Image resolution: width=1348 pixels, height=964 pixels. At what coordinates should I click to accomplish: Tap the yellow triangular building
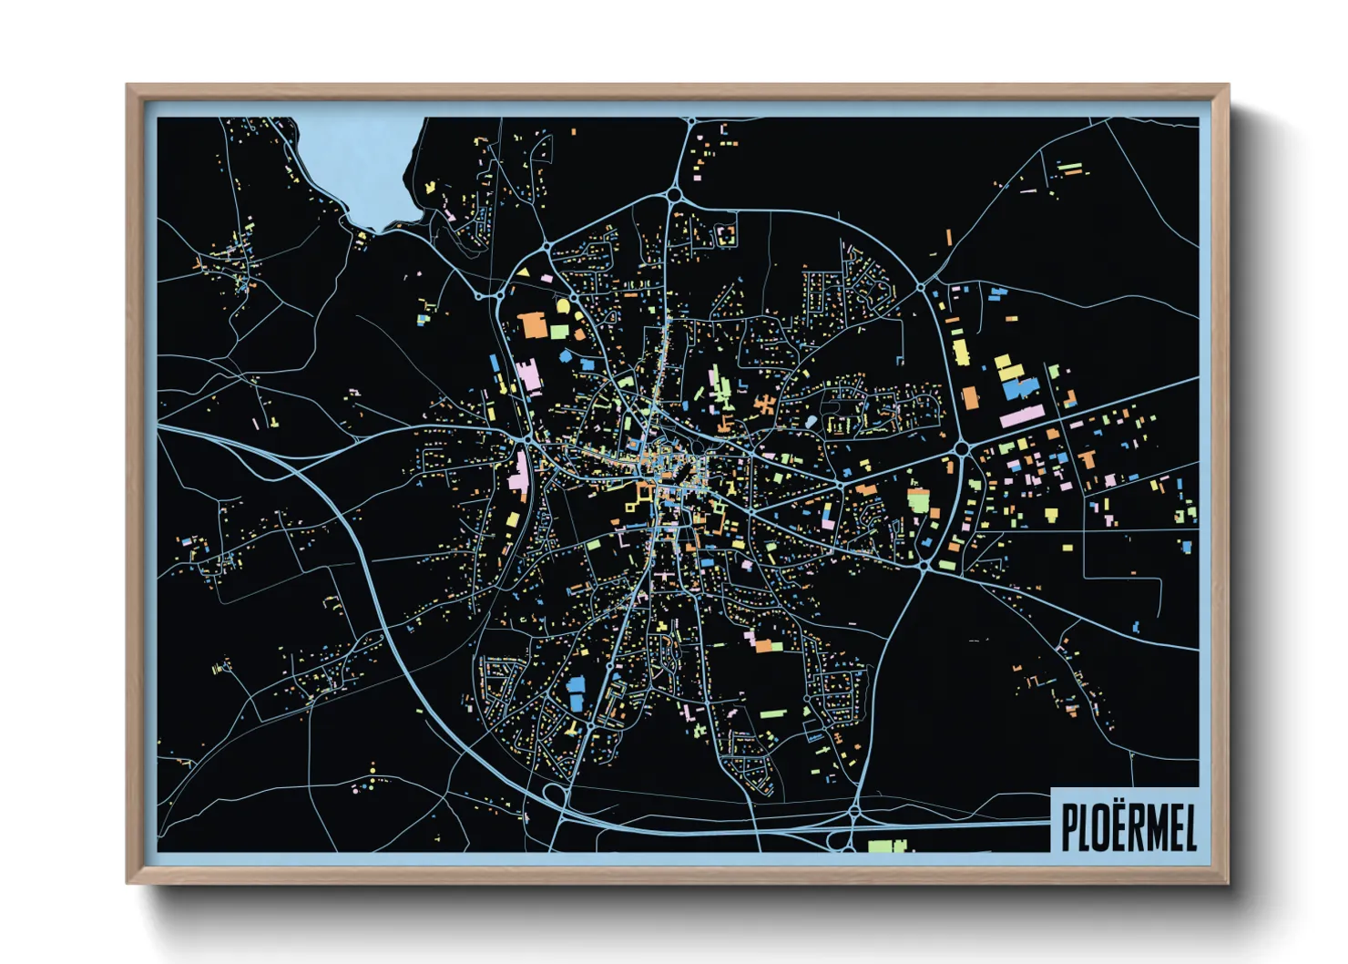[524, 272]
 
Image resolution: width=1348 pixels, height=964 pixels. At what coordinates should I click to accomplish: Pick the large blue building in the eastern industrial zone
[1021, 388]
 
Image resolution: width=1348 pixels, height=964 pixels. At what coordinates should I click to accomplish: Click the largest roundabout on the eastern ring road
[961, 448]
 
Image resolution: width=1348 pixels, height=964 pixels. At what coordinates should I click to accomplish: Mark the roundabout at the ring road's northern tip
[674, 193]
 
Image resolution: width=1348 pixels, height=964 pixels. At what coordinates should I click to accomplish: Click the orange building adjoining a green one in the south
[763, 646]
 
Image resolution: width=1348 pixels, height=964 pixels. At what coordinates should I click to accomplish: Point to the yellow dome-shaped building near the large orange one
[563, 305]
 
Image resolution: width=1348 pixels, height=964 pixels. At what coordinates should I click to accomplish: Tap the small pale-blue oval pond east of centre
[812, 422]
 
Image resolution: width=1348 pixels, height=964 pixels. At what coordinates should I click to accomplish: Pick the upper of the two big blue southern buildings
[576, 683]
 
